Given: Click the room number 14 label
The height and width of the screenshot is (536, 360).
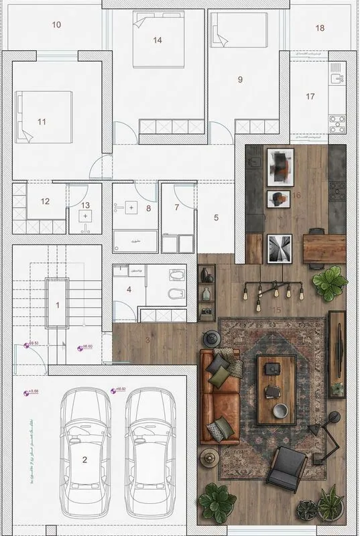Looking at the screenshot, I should coord(157,40).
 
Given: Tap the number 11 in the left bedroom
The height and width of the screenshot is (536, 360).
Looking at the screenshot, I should coord(42,121).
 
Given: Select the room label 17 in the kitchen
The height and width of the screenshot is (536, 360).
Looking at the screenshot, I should coord(310,96).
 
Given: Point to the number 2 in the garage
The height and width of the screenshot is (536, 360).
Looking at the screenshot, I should coord(84,459).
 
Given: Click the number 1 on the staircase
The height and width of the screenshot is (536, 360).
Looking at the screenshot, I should coord(58,306).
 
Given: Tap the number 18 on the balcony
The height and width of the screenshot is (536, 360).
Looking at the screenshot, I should coord(320,27).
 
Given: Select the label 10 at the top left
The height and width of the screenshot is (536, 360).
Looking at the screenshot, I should coord(56,25).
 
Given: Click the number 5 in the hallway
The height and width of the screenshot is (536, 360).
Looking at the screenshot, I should coord(216,217).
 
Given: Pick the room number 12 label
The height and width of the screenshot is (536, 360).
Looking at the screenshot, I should coord(45,201).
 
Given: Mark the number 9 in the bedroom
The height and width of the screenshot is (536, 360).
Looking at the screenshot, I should coord(239,79).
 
